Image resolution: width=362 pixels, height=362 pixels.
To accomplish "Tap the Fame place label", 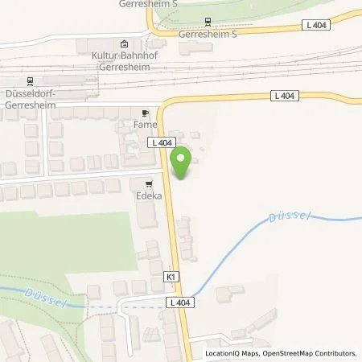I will pyautogui.click(x=145, y=125).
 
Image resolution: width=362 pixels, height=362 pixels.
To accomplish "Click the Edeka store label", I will pyautogui.click(x=148, y=195).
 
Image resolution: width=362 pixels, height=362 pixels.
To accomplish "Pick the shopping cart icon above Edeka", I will pyautogui.click(x=148, y=183).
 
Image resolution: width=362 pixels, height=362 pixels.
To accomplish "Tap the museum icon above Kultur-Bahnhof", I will pyautogui.click(x=122, y=44).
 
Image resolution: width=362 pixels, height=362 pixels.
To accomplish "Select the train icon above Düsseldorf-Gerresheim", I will pyautogui.click(x=31, y=80).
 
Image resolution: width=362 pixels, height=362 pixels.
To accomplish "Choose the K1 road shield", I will pyautogui.click(x=171, y=276).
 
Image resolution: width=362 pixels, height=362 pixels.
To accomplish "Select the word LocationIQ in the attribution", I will pyautogui.click(x=224, y=353).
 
